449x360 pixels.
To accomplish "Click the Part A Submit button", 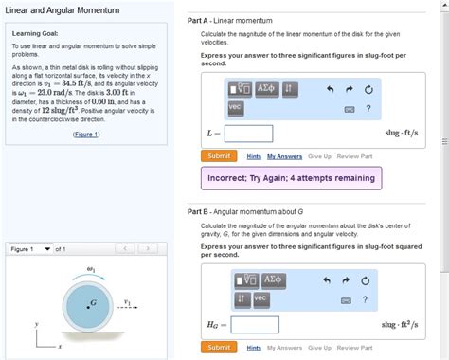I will pos(219,155).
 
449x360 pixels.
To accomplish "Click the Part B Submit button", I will pos(219,348).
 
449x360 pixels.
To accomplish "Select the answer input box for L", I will pos(248,134).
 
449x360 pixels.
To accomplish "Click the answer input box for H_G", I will pos(256,325).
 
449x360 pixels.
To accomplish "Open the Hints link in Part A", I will pos(254,155).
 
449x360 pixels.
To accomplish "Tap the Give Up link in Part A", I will pos(319,155).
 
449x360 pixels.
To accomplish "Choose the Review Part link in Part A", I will pos(354,155).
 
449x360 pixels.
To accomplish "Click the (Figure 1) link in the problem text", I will pos(86,135).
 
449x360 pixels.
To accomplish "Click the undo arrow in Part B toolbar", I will pos(330,281).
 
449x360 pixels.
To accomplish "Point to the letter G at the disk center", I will pos(93,302).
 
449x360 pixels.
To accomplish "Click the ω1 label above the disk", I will pos(91,268).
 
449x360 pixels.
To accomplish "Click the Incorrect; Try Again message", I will pos(291,177).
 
